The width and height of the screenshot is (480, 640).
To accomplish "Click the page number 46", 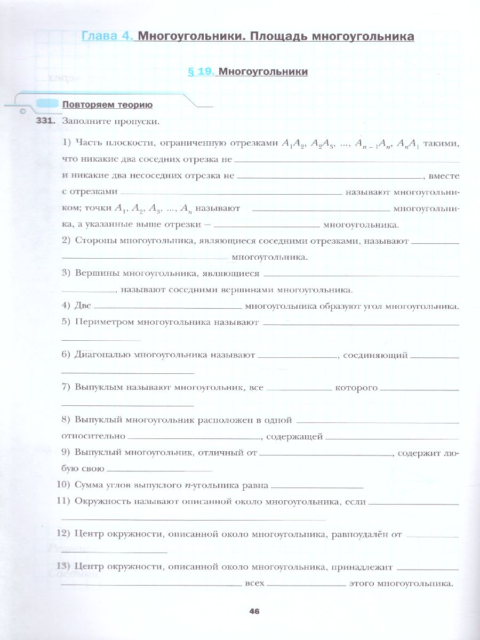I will (x=254, y=611).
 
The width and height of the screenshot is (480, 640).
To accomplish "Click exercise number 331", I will (x=45, y=121).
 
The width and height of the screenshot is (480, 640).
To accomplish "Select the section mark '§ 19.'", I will (x=201, y=71).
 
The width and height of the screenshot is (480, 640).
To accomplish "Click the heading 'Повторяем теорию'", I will (x=107, y=105).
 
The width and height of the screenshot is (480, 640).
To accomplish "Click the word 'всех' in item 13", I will (x=254, y=583).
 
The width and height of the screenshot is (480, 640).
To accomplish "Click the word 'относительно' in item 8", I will (x=93, y=436).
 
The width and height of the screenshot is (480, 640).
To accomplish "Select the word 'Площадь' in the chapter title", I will (x=285, y=37).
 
